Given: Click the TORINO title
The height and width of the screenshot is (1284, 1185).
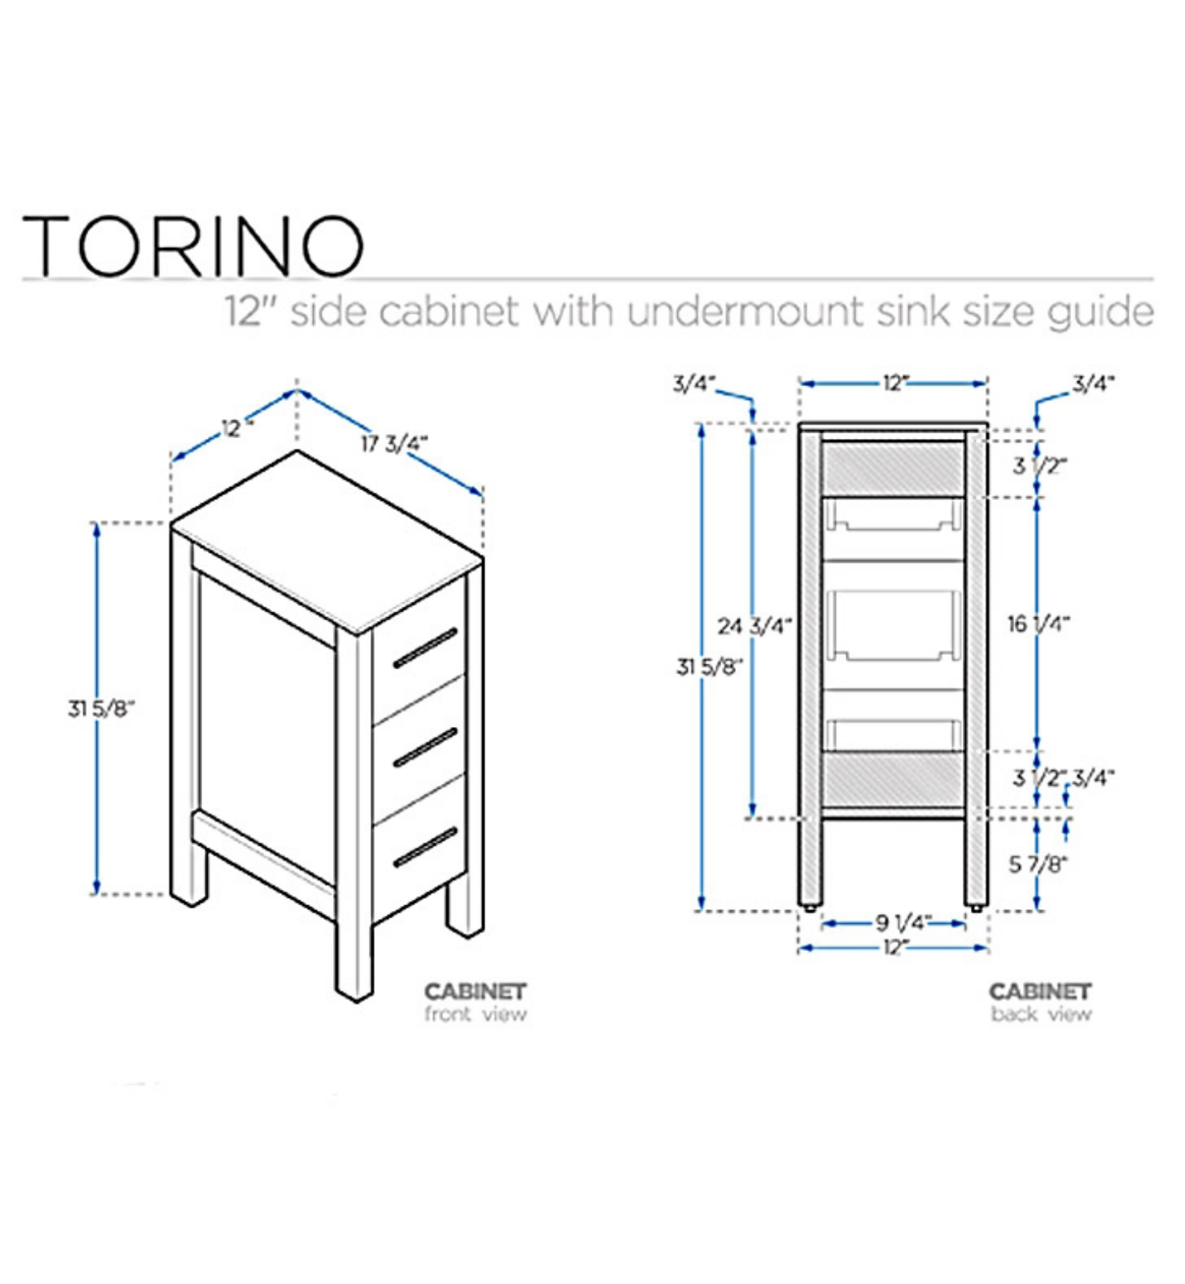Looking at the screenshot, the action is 193,245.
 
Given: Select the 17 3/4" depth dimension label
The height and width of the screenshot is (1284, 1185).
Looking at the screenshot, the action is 394,444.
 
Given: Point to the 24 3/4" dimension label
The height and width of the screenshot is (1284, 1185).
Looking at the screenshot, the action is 754,625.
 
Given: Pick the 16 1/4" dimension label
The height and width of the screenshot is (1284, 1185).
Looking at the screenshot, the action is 1038,624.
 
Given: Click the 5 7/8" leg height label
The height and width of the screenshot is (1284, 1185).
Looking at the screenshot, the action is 1038,864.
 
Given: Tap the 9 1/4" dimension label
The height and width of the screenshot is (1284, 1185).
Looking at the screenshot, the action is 903,923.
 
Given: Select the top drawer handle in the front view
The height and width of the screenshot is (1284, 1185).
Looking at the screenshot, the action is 424,648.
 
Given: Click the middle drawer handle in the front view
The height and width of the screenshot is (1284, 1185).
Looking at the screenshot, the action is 424,748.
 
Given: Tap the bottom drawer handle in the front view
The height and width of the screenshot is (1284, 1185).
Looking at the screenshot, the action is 424,847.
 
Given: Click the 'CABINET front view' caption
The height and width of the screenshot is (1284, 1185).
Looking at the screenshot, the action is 476,1002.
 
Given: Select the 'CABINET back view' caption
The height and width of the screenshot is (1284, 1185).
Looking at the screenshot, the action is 1041,1002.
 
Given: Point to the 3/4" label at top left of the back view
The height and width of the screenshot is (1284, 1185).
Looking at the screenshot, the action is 694,384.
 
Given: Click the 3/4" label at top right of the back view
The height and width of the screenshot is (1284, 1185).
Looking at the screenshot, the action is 1094,384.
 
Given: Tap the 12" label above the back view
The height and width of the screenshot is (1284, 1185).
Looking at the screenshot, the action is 895,384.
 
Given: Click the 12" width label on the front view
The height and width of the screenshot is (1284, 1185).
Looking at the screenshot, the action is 236,429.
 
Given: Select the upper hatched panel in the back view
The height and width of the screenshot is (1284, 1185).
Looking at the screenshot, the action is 893,469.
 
